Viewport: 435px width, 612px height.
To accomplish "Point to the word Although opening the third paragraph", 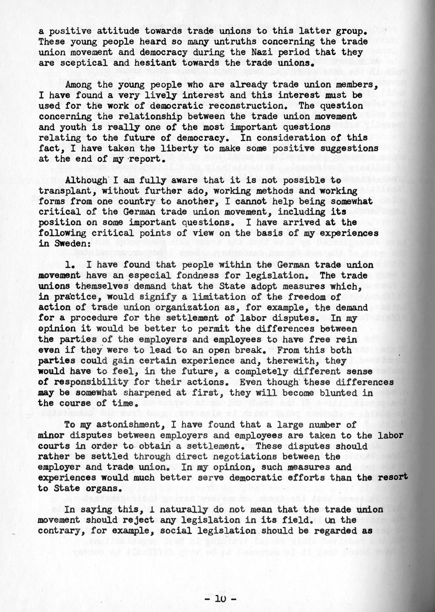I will pyautogui.click(x=86, y=180).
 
